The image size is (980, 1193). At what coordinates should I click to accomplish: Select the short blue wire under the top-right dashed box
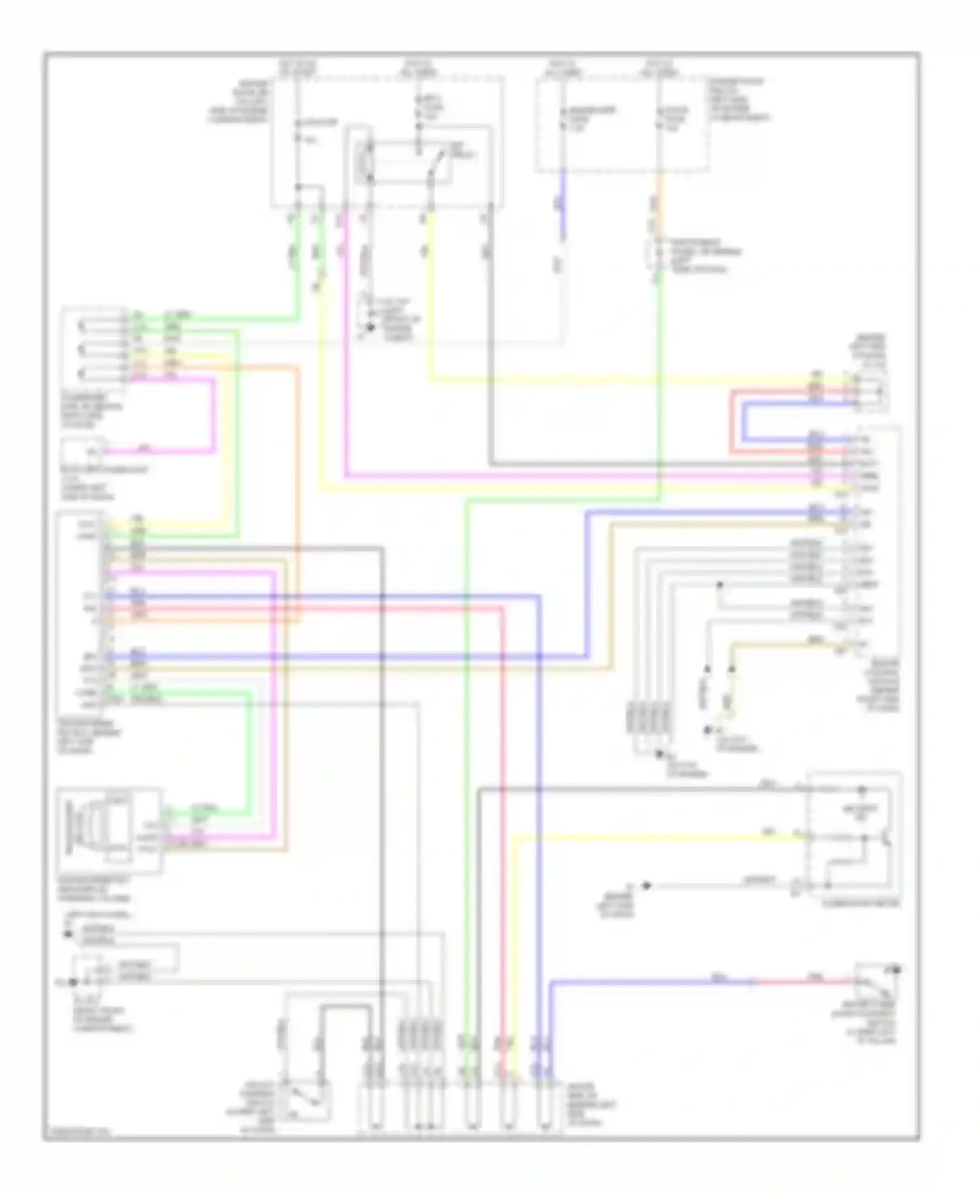(x=563, y=206)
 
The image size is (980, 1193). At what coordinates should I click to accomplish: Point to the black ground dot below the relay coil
(x=370, y=327)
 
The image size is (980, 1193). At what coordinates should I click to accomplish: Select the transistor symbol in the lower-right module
(x=883, y=838)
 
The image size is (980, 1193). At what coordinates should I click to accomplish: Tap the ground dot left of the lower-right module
(x=646, y=885)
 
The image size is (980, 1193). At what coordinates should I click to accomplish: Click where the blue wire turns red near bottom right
(x=755, y=981)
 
